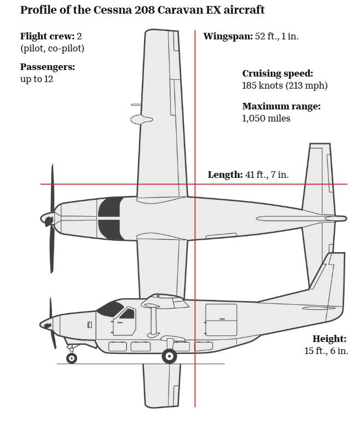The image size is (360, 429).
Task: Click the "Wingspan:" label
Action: [x=228, y=36]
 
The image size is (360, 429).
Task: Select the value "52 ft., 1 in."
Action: [x=277, y=36]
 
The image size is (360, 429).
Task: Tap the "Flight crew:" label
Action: [x=47, y=36]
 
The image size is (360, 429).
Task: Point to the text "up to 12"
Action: [x=37, y=79]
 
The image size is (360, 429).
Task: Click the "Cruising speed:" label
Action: [x=278, y=73]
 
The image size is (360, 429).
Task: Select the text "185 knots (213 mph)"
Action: [x=284, y=85]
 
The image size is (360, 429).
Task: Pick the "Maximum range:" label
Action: [x=281, y=106]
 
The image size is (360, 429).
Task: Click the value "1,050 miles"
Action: [x=266, y=118]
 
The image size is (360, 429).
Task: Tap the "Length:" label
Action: [x=225, y=175]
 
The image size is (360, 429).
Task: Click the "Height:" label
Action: [x=329, y=339]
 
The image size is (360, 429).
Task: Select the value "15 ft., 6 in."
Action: [x=326, y=351]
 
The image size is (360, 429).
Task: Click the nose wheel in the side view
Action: [x=72, y=358]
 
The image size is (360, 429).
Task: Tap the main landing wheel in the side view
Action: [x=170, y=356]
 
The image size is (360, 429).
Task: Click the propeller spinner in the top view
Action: [x=47, y=219]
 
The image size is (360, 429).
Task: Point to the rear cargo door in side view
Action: [x=221, y=320]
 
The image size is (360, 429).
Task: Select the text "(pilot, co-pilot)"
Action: [x=53, y=48]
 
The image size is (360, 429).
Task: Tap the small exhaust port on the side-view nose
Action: [x=90, y=325]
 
